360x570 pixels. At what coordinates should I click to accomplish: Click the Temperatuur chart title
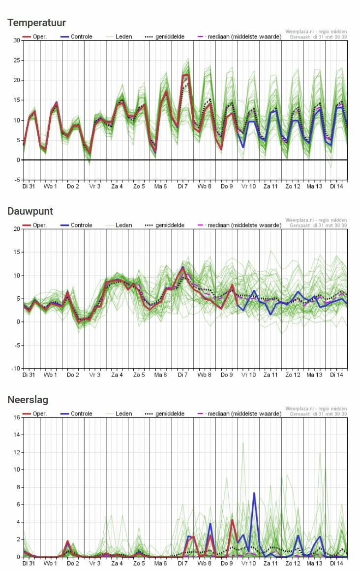[36, 23]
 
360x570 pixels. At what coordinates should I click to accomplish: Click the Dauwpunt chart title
[30, 211]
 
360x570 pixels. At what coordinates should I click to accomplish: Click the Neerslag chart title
[28, 400]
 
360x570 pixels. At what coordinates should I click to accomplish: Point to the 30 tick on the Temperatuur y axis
[17, 40]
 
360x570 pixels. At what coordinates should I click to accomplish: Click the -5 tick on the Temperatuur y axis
[17, 180]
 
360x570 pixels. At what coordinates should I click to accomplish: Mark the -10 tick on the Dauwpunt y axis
[16, 369]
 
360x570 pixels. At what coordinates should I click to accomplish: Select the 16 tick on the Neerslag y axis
[17, 417]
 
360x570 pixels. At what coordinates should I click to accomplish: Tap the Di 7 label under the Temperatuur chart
[182, 187]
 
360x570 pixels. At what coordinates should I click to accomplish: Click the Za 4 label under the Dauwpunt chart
[117, 376]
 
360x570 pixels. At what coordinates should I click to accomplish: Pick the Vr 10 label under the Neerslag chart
[249, 564]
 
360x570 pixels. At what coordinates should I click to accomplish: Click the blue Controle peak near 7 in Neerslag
[254, 493]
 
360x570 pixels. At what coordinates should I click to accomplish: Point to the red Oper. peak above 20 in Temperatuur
[185, 75]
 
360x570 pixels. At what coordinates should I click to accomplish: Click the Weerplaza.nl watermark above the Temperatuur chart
[316, 32]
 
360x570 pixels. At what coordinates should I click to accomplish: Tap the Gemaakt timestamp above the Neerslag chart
[318, 414]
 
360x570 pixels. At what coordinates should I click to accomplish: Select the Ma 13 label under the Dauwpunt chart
[315, 376]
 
